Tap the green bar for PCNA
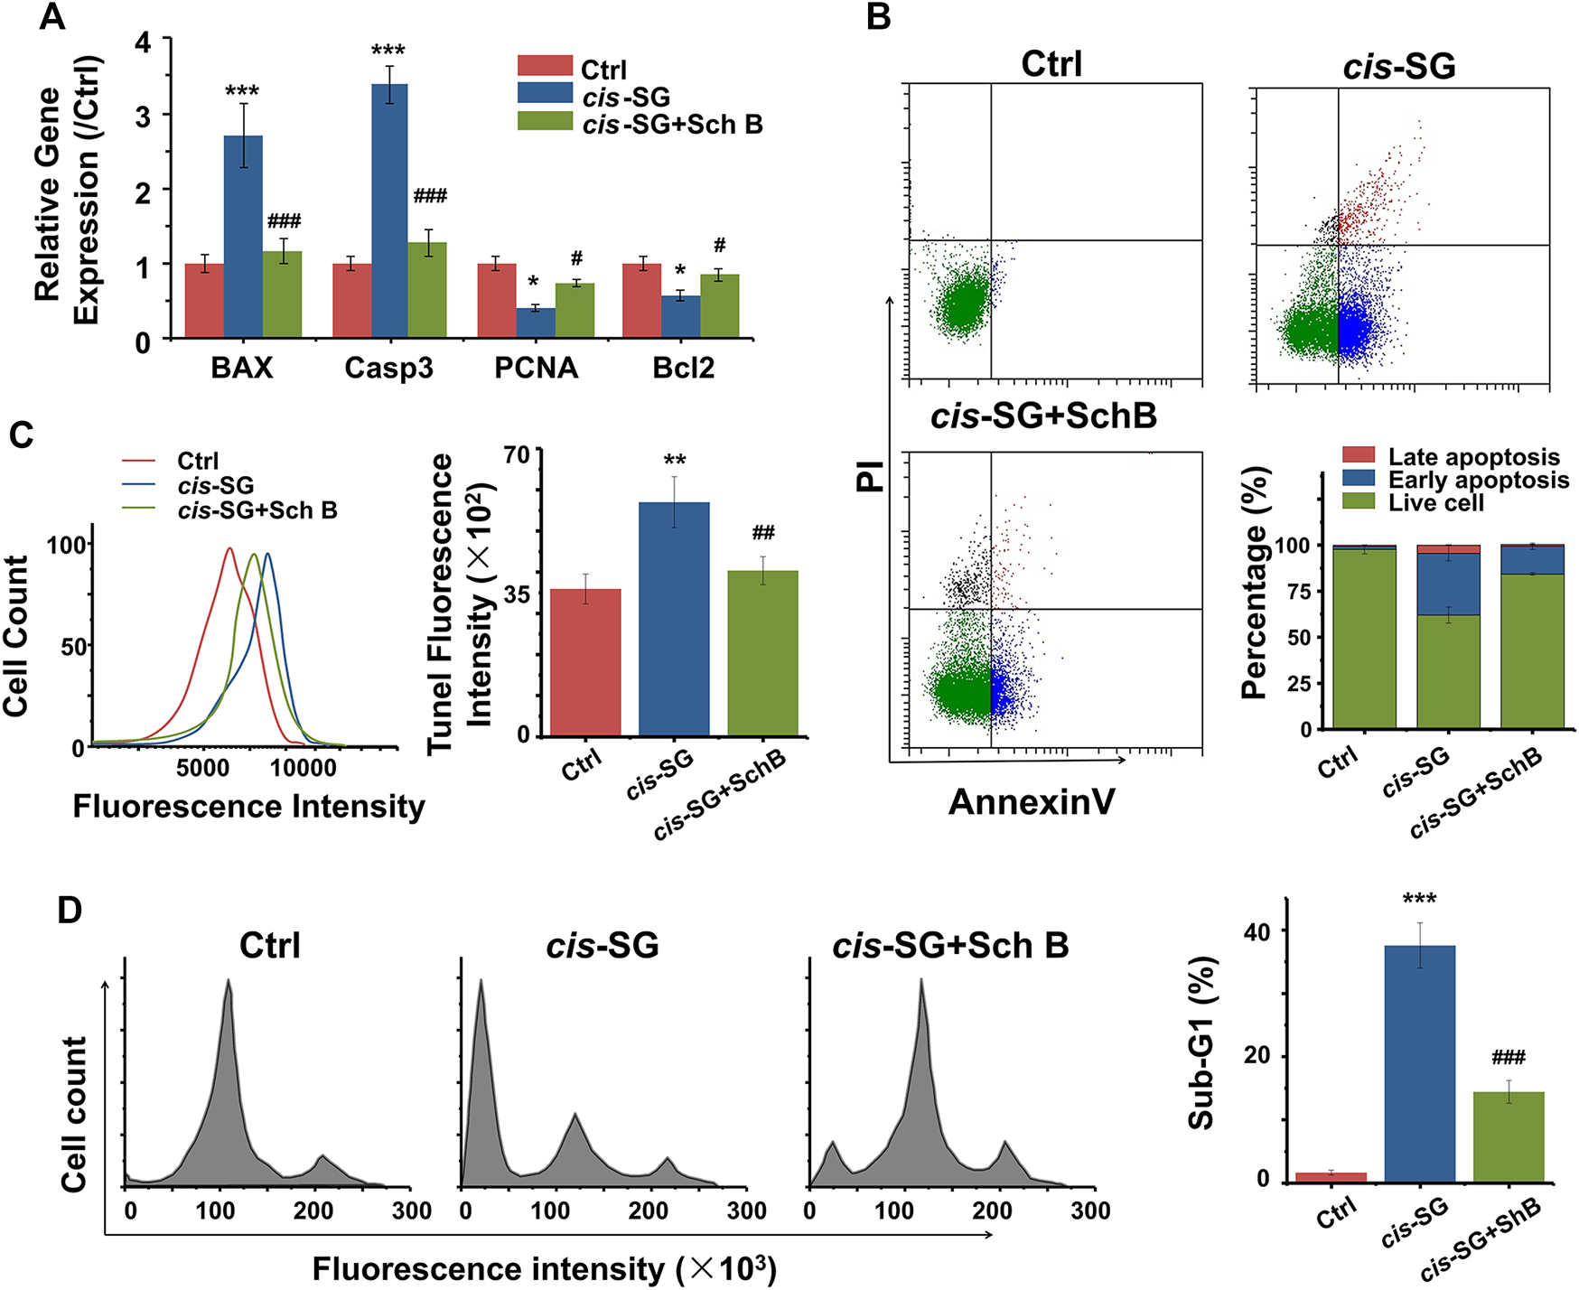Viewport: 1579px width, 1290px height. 575,311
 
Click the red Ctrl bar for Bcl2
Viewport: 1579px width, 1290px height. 641,301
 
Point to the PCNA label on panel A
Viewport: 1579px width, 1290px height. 536,368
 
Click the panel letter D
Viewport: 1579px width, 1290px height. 70,910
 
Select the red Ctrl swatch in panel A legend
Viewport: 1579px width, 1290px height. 545,66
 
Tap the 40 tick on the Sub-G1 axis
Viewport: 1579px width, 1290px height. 1257,931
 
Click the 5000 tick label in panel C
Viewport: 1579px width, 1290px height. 202,769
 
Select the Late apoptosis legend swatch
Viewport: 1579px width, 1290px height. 1358,455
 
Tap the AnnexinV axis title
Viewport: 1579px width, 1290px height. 1032,801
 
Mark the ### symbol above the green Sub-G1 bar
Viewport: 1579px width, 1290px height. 1508,1057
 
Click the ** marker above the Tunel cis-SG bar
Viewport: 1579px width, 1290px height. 674,462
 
